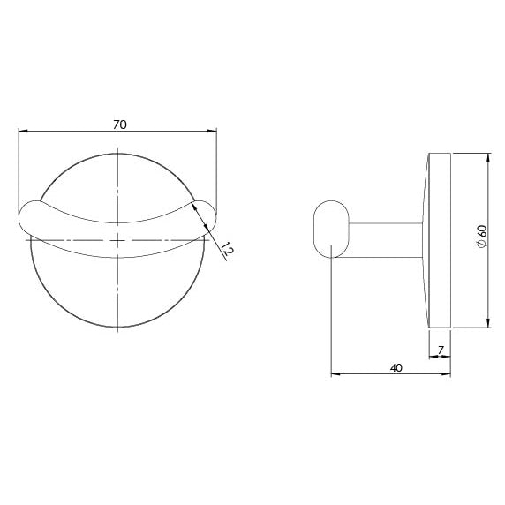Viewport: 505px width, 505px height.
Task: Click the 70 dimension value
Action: click(119, 124)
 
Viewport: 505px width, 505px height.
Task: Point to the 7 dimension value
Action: click(440, 350)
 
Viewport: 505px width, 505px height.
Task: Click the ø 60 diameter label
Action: click(481, 237)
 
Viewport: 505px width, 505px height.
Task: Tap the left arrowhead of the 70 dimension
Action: click(22, 132)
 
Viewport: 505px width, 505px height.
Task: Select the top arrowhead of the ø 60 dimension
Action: click(488, 157)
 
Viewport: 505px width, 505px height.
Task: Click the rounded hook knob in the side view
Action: click(330, 230)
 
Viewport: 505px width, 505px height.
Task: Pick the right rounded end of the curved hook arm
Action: click(204, 214)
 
